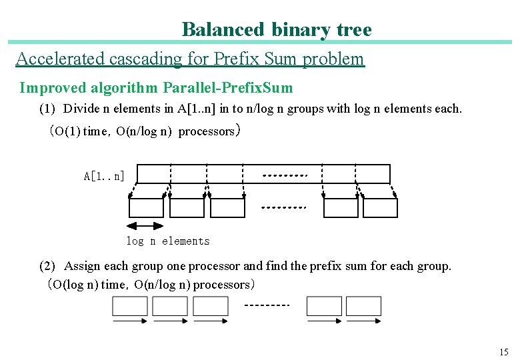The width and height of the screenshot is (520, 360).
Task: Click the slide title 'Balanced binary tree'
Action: (x=277, y=30)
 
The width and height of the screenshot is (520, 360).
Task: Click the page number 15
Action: (x=503, y=352)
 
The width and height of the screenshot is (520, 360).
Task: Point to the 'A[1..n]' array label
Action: (x=104, y=176)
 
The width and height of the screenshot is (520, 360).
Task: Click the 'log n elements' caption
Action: (x=167, y=241)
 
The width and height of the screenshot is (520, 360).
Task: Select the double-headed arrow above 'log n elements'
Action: (x=145, y=226)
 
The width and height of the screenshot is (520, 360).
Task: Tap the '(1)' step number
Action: (x=48, y=109)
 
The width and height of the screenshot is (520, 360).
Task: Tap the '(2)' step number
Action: (x=48, y=266)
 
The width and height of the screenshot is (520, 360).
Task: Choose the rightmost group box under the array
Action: (x=380, y=208)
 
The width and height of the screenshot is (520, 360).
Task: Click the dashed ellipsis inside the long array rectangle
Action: (x=285, y=176)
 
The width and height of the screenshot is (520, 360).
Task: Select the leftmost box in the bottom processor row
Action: (x=130, y=306)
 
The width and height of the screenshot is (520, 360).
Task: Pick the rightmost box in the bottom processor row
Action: (x=363, y=306)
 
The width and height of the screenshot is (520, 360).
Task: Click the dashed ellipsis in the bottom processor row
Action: (x=267, y=305)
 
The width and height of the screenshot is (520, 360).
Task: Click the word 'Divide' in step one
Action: (x=79, y=109)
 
